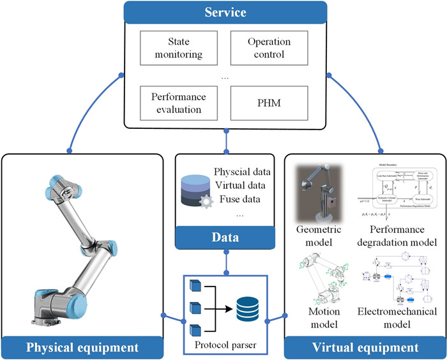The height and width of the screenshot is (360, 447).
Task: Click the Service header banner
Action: pyautogui.click(x=225, y=12)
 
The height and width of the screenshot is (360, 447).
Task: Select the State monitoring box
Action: pyautogui.click(x=176, y=48)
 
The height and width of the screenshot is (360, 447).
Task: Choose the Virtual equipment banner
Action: pyautogui.click(x=365, y=347)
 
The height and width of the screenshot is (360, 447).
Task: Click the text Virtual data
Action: pyautogui.click(x=243, y=186)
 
